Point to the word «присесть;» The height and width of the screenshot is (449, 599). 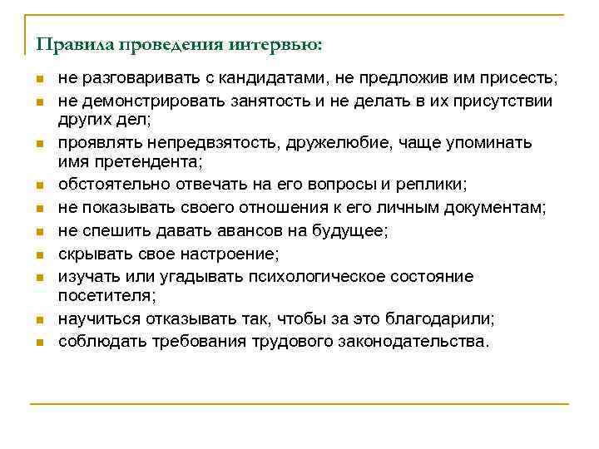tap(523, 79)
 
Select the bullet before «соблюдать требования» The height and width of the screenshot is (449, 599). tap(38, 342)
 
